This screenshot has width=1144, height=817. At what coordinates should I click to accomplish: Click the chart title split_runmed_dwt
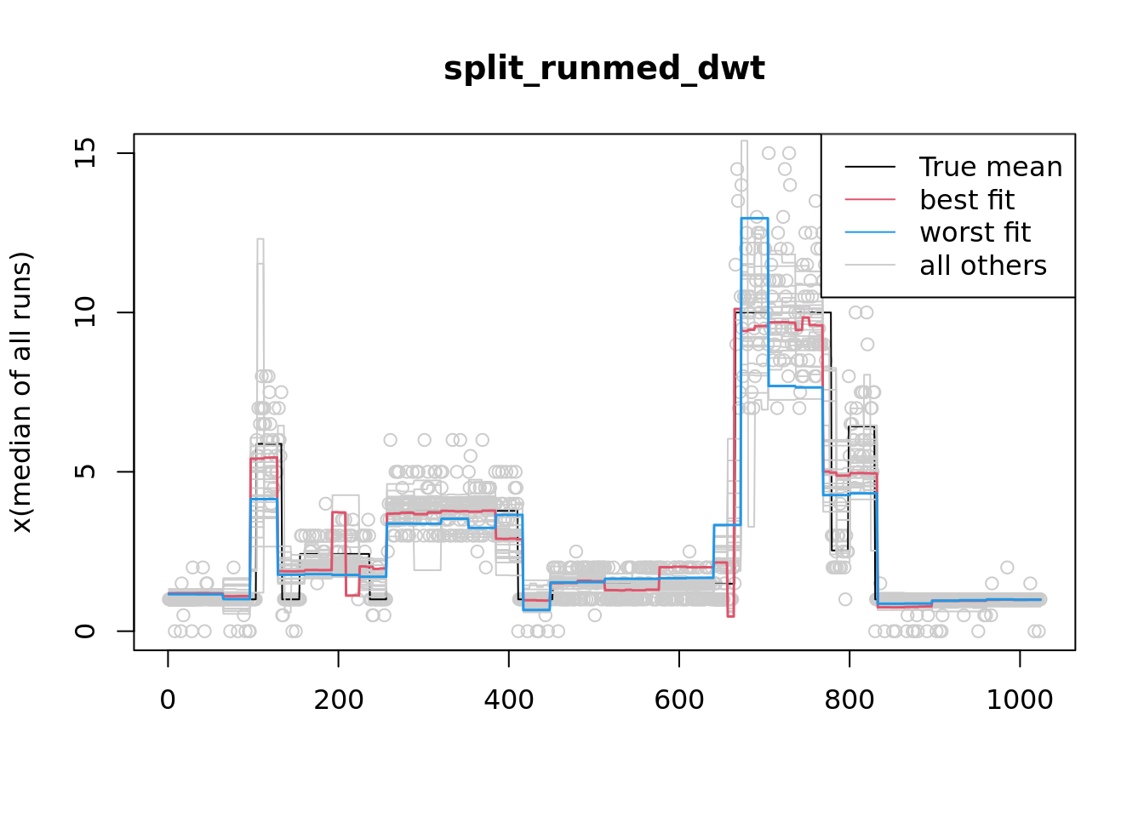(603, 68)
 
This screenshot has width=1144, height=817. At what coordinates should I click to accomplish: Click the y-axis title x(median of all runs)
(21, 391)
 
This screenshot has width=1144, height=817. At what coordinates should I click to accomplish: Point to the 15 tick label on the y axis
(85, 153)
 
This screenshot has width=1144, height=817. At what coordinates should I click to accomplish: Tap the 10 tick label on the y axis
(85, 312)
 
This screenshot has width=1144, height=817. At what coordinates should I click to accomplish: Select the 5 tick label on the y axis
(85, 471)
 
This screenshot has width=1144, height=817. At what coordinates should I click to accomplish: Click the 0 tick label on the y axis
(85, 631)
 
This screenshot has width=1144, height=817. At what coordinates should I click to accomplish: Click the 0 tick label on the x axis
(168, 700)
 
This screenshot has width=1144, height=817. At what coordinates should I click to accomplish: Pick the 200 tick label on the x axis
(338, 700)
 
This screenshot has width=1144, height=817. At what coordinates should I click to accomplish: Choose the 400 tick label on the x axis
(508, 700)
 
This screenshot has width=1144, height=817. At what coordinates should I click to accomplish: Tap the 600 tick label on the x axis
(678, 700)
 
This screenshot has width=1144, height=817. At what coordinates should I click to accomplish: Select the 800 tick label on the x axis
(849, 700)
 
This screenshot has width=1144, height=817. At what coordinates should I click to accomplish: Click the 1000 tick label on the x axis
(1019, 700)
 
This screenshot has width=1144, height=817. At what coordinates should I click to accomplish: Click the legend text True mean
(990, 167)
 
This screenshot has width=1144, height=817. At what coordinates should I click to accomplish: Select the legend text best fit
(966, 200)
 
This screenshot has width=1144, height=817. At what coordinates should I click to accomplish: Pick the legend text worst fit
(975, 232)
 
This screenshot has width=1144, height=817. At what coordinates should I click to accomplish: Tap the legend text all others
(982, 266)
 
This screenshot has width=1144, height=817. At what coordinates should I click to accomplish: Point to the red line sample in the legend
(870, 199)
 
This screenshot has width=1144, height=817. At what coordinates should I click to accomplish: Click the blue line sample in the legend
(870, 231)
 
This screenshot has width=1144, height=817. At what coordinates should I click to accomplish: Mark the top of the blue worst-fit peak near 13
(754, 218)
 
